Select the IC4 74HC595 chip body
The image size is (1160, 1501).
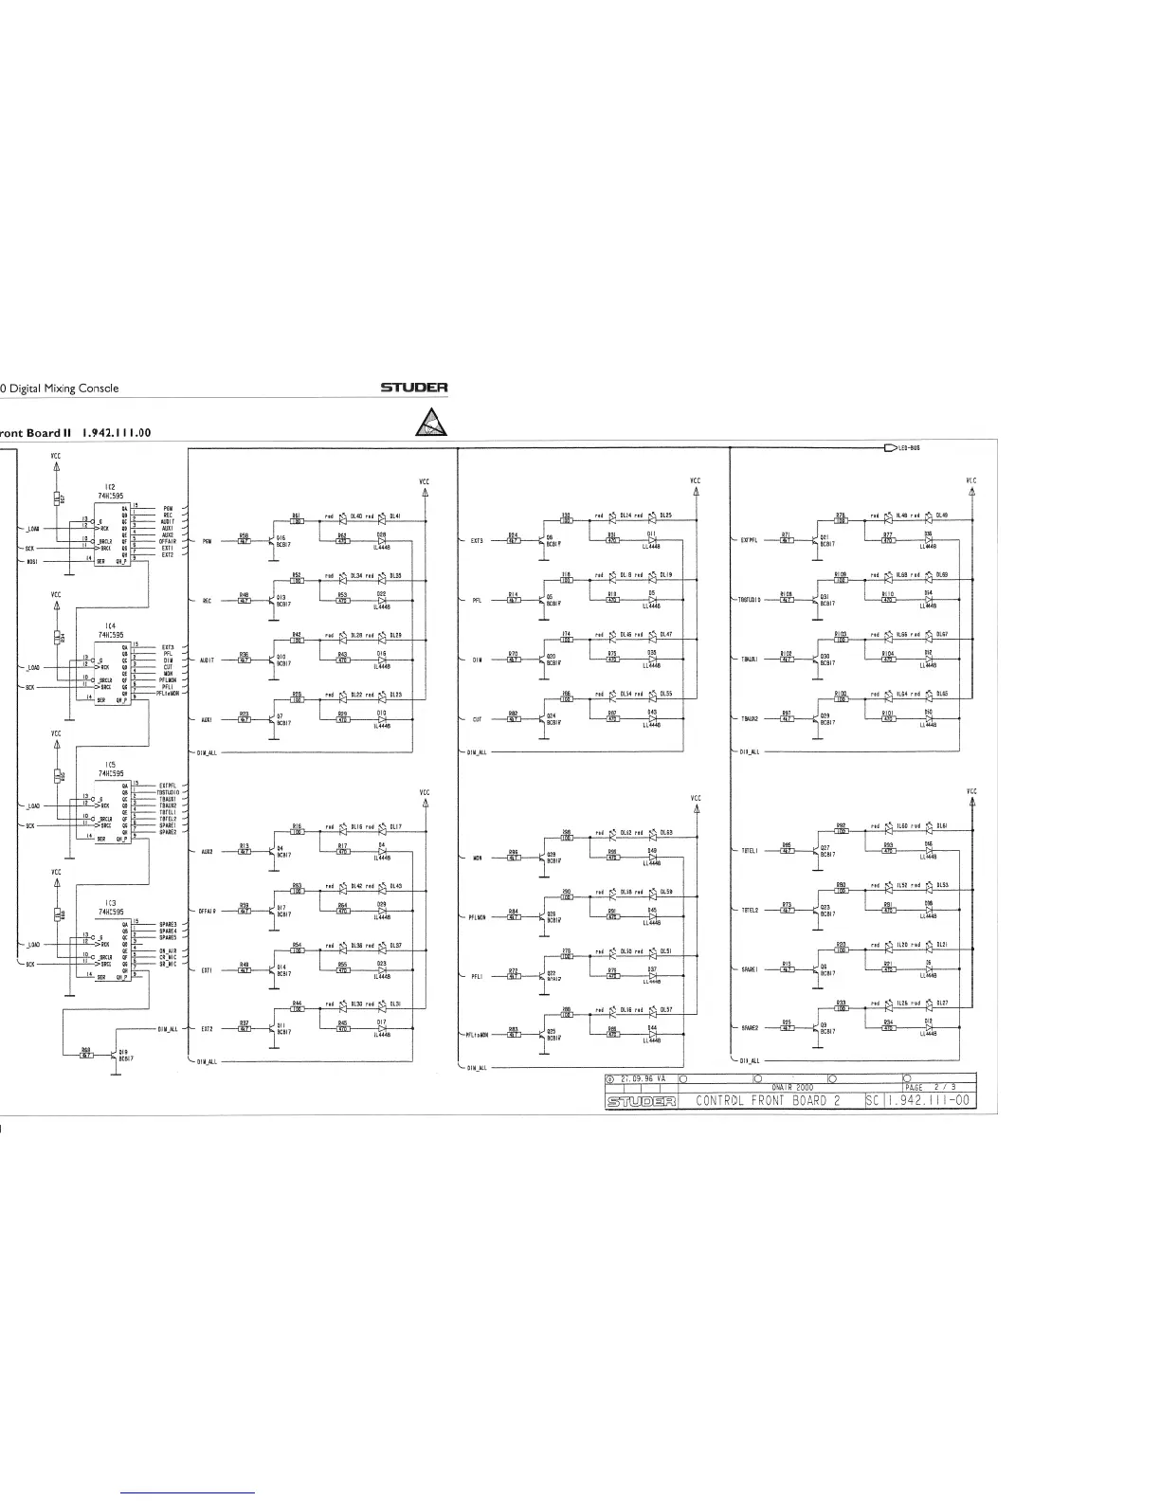(112, 673)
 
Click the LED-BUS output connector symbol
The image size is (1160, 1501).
(889, 448)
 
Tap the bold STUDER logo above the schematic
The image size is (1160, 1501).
(414, 388)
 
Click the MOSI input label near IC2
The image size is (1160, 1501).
(31, 561)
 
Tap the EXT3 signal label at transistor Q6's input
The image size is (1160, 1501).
(477, 541)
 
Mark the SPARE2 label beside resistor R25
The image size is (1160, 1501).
(750, 1027)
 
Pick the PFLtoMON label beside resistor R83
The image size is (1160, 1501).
(477, 1034)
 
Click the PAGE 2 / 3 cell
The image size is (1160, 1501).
(927, 1087)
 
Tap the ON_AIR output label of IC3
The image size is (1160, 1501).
(169, 950)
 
